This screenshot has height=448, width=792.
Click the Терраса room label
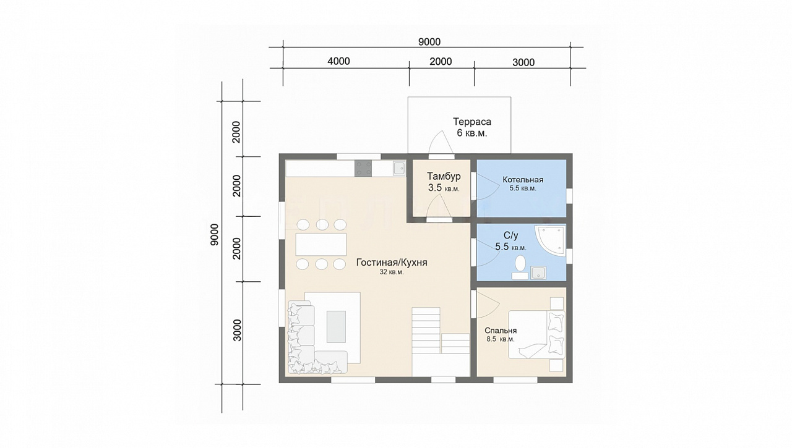[472, 122]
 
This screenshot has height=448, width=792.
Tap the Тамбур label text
[444, 176]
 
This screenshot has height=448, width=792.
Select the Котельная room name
[523, 180]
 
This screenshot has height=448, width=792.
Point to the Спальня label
[501, 331]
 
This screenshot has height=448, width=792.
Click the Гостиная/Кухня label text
[392, 262]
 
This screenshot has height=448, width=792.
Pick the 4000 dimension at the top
[338, 61]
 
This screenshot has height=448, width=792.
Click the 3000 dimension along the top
[523, 62]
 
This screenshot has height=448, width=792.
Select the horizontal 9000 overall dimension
[429, 42]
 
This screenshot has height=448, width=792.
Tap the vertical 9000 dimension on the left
[214, 235]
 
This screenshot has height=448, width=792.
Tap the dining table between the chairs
[321, 244]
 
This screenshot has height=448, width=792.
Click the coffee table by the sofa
[336, 326]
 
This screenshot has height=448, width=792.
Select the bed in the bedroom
[536, 334]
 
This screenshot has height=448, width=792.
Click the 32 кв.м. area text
[392, 272]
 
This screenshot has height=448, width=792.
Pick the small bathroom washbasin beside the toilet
[538, 273]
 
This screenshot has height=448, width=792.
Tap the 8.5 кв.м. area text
[501, 339]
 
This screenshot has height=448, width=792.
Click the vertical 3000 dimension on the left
[237, 331]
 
